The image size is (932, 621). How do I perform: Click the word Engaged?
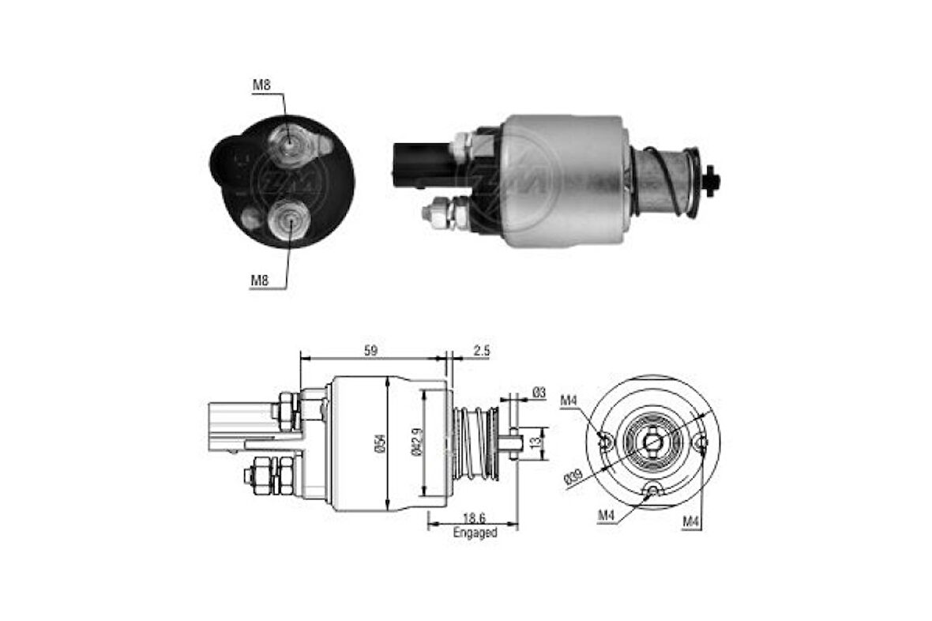[x=475, y=533]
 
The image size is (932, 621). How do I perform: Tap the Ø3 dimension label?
[x=539, y=392]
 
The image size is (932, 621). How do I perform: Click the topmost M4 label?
[x=570, y=401]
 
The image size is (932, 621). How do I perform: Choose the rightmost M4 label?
[x=692, y=521]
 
